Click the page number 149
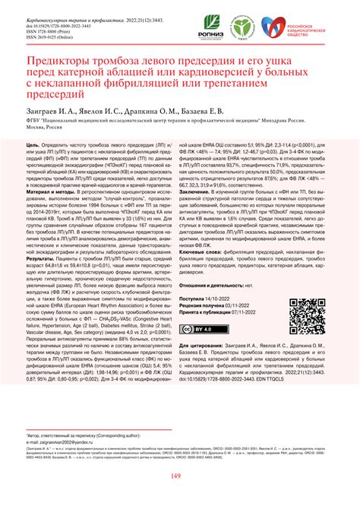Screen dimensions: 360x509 (x=179, y=476)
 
